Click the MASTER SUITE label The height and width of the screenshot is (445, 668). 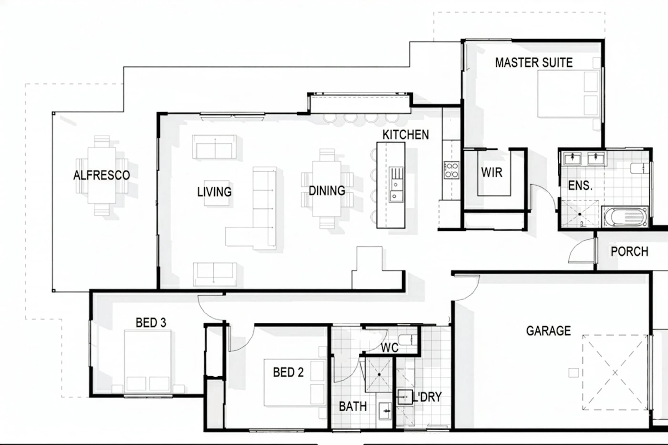[534, 62]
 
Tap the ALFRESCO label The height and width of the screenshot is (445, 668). [102, 175]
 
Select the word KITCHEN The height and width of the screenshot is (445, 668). [406, 135]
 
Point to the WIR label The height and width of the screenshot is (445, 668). [491, 172]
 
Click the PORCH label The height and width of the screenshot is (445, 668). [629, 251]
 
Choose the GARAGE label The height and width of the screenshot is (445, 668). [548, 331]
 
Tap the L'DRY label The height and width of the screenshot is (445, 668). [427, 397]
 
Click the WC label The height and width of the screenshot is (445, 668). [389, 348]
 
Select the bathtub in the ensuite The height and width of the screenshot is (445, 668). [625, 217]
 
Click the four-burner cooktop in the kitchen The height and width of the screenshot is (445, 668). [451, 170]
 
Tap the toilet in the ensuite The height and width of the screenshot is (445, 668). [640, 168]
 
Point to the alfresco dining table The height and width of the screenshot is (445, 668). [102, 175]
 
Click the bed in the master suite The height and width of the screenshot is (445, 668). [569, 93]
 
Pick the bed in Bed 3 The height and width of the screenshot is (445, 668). [147, 361]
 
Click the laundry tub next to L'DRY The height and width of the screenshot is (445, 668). [405, 397]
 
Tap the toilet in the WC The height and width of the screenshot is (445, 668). [407, 340]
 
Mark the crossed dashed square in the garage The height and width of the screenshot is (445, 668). [615, 373]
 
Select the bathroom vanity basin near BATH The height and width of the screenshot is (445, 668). [385, 411]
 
